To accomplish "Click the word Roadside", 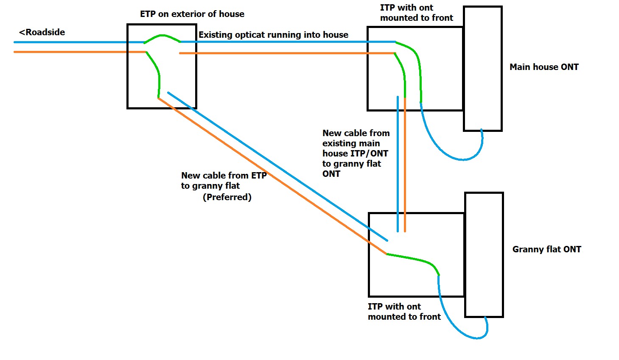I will tap(45, 32).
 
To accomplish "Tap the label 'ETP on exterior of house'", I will tap(192, 14).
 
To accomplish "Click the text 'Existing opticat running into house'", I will tap(273, 35).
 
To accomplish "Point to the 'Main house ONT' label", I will tap(544, 67).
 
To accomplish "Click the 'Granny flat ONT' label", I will tap(546, 249).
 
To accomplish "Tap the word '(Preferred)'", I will tap(227, 197).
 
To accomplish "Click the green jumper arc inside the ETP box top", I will tap(162, 36).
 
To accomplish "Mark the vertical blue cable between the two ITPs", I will tap(398, 170).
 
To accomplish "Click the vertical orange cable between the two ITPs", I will tap(405, 170).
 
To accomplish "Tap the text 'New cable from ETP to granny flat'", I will tap(224, 181).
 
